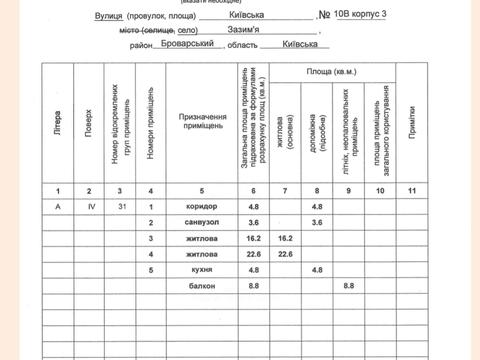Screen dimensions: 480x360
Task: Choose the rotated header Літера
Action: coord(58,124)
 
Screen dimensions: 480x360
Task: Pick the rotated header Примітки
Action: coord(411,124)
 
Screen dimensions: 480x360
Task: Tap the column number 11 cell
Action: coord(411,190)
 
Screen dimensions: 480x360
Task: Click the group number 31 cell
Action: coord(120,207)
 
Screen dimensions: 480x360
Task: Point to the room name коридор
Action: coord(201,207)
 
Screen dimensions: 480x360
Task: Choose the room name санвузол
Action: coord(201,222)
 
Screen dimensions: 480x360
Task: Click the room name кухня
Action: coord(201,270)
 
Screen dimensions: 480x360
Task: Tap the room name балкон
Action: coord(201,286)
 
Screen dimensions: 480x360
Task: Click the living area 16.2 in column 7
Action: coord(286,239)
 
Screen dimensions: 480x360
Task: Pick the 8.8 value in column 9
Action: coord(349,286)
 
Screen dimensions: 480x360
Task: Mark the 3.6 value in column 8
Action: coord(317,222)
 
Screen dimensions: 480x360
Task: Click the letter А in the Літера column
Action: coord(58,207)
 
